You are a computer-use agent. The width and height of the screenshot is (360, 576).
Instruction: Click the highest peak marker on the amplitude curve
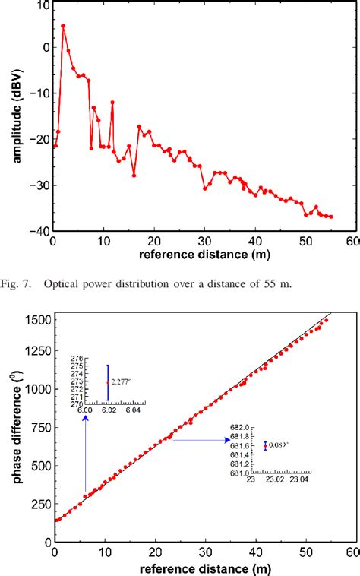[63, 26]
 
